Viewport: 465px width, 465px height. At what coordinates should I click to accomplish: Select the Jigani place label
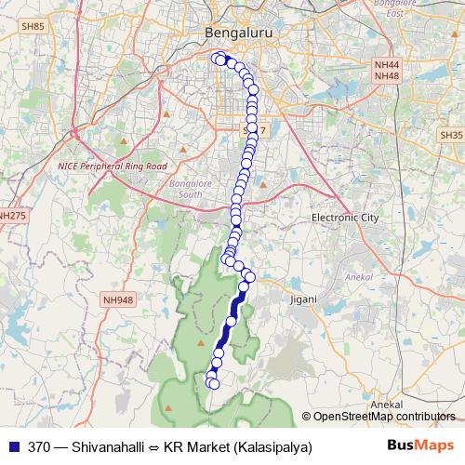(x=303, y=299)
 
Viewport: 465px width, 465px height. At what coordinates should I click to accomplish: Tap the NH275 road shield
(x=13, y=216)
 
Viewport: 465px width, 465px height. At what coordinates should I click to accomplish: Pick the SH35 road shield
(x=452, y=135)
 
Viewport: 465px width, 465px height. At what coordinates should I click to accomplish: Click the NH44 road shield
(x=385, y=64)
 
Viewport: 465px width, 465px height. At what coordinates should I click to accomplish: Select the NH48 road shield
(x=385, y=75)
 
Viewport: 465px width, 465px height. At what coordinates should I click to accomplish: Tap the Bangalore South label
(x=191, y=189)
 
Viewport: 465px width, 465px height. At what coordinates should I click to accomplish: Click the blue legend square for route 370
(x=10, y=445)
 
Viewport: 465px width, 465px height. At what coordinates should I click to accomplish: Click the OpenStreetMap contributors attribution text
(x=383, y=417)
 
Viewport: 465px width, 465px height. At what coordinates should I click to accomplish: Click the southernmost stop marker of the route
(x=214, y=383)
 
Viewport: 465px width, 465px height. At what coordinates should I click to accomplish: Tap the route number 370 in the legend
(x=39, y=445)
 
